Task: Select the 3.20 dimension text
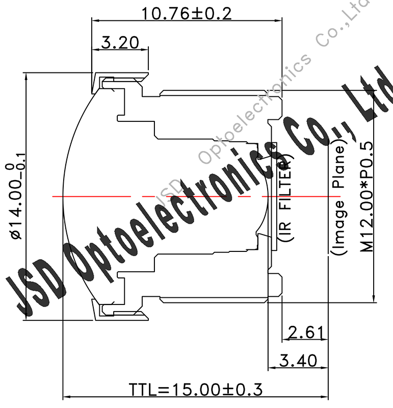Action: (x=120, y=42)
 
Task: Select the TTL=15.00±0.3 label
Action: (x=195, y=390)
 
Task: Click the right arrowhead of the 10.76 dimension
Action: (x=280, y=20)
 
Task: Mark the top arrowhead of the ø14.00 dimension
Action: (x=25, y=73)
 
